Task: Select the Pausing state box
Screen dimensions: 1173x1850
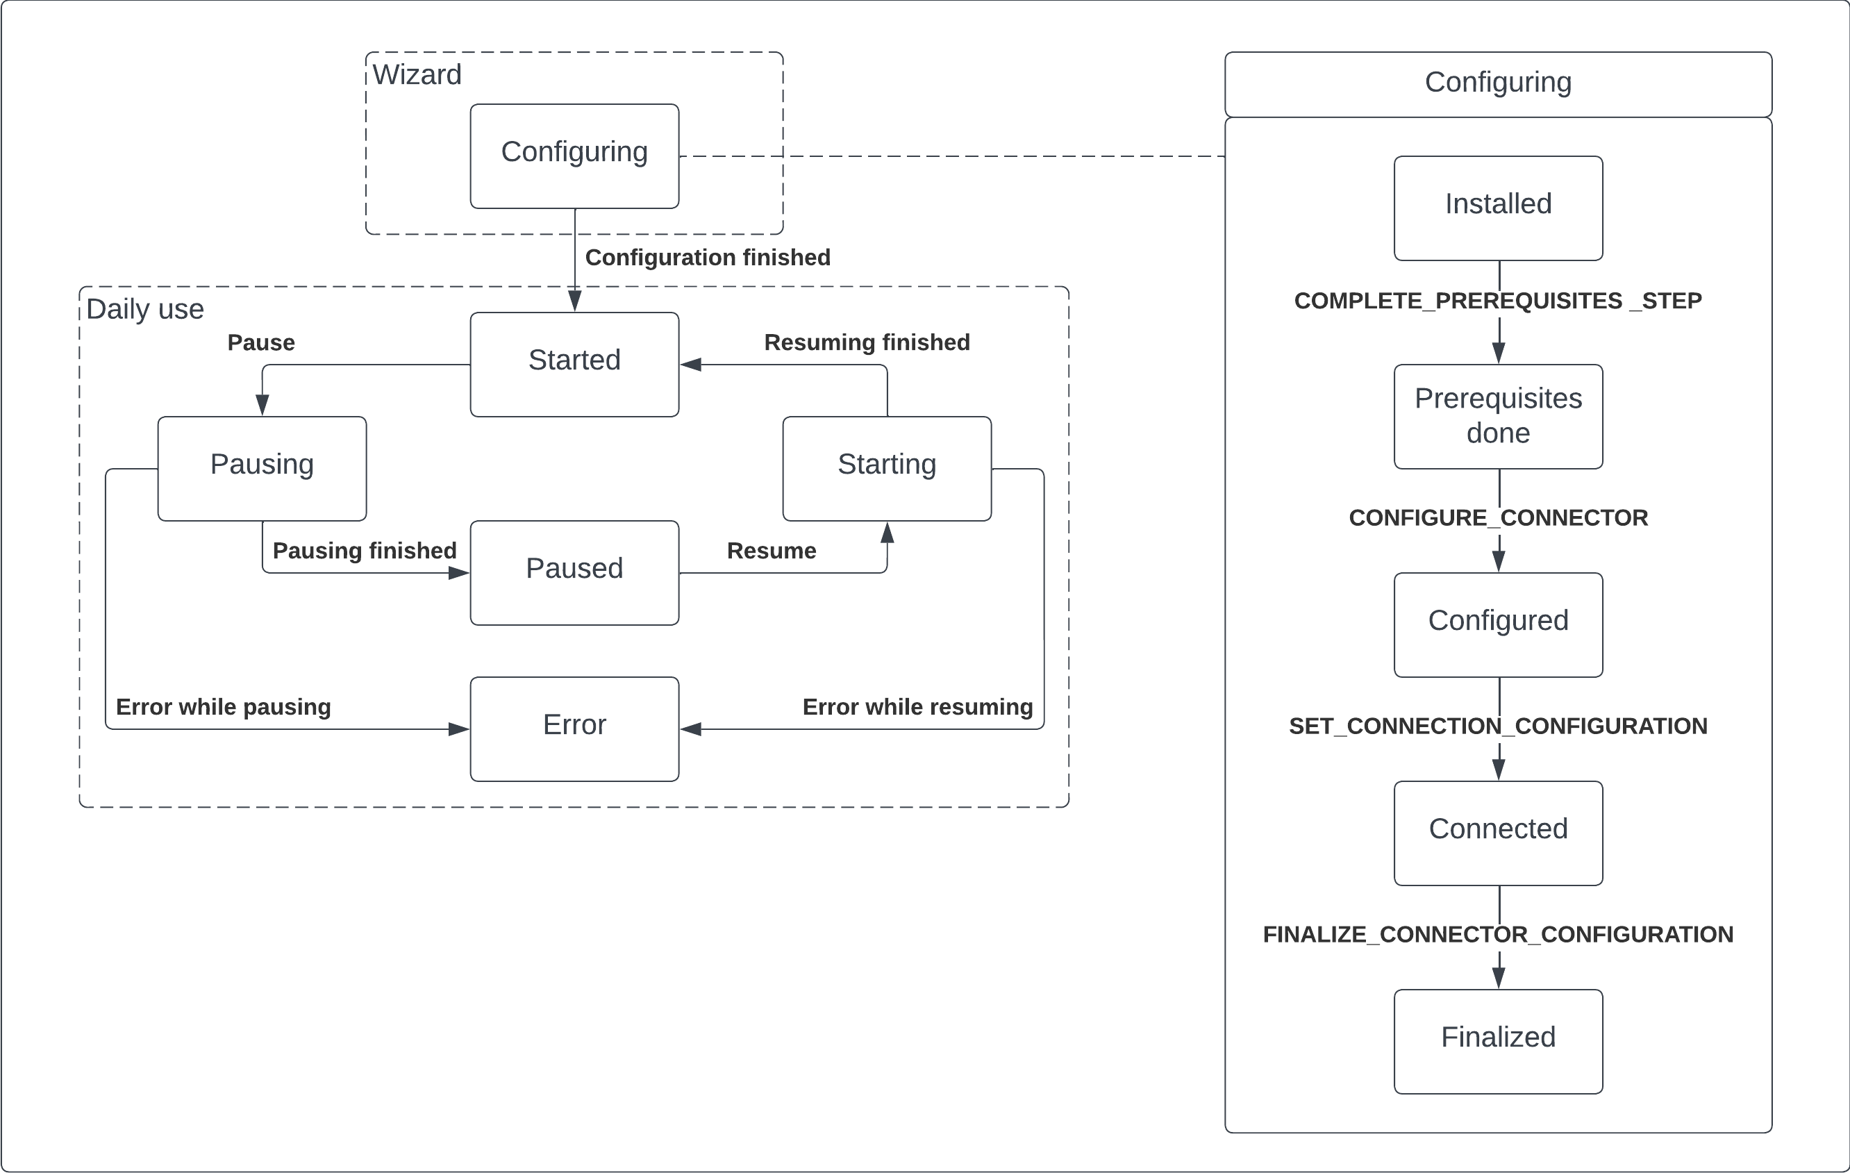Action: point(262,468)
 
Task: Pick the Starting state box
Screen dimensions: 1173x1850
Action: point(887,468)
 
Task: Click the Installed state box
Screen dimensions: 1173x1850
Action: point(1498,208)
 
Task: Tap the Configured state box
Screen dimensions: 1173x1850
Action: point(1498,624)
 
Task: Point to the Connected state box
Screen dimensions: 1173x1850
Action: point(1498,833)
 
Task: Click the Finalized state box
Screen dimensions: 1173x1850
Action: point(1498,1041)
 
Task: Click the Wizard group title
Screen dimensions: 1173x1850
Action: point(417,74)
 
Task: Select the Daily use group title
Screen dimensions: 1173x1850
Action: point(145,309)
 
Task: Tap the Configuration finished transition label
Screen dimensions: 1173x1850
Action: point(708,258)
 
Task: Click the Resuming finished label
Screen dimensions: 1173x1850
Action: point(867,342)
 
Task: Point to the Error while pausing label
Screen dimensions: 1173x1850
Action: point(223,707)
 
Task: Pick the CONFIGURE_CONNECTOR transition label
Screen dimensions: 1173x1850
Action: point(1498,518)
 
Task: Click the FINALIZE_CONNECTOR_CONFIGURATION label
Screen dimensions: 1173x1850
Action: point(1498,934)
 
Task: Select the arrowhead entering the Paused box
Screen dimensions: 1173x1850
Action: point(460,572)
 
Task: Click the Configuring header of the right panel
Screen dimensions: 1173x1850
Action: point(1498,83)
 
